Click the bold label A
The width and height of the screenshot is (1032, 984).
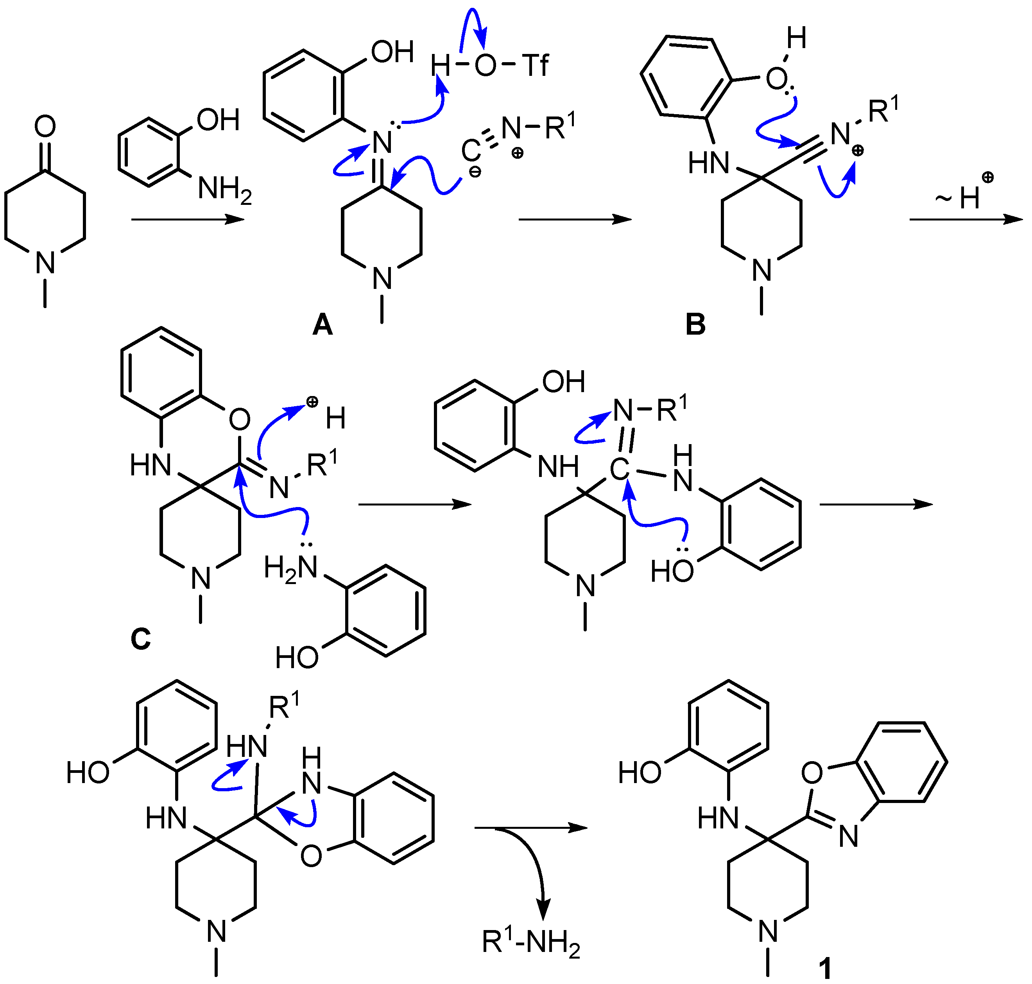322,325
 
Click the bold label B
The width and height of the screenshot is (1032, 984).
695,325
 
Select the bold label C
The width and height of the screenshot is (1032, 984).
141,639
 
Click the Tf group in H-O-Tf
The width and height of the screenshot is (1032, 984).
535,66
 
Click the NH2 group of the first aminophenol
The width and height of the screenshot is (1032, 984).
224,189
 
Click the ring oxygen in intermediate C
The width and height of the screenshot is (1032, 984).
239,419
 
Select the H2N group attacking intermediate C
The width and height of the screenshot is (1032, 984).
291,568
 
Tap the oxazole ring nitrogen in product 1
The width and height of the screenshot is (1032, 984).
848,836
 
